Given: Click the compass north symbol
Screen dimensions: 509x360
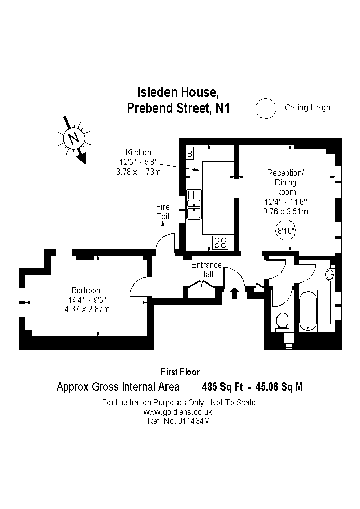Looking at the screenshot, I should pyautogui.click(x=74, y=138).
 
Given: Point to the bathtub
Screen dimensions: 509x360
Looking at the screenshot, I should pyautogui.click(x=308, y=309).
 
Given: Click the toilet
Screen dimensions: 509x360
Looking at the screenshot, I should pyautogui.click(x=282, y=321).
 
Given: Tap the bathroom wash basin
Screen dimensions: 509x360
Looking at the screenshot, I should pyautogui.click(x=329, y=275).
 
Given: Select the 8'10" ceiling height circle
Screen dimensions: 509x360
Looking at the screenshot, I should pyautogui.click(x=286, y=231).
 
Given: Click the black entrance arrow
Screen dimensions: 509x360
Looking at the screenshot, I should pyautogui.click(x=235, y=293).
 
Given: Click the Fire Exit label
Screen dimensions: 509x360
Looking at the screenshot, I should pyautogui.click(x=162, y=211).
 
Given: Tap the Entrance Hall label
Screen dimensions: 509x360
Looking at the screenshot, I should pyautogui.click(x=206, y=269).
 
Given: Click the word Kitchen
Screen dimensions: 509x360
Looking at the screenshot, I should pyautogui.click(x=139, y=152).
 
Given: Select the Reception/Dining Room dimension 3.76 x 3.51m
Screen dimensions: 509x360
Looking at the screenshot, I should pyautogui.click(x=286, y=211).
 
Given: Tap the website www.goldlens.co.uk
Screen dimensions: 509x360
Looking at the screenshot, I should pyautogui.click(x=178, y=412).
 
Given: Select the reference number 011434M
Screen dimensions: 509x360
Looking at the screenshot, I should pyautogui.click(x=193, y=421).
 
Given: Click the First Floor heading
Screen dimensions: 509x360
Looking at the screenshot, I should pyautogui.click(x=180, y=372).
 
